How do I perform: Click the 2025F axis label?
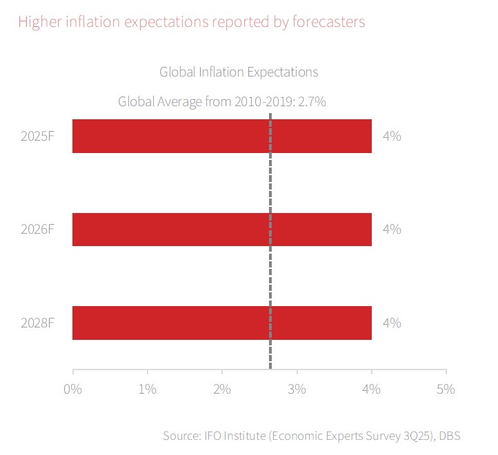coord(37,136)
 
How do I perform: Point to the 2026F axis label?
coord(37,230)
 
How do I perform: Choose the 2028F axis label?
coord(37,323)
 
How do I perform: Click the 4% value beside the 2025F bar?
coord(392,136)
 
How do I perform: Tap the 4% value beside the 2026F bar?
coord(392,230)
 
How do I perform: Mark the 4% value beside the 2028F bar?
coord(392,323)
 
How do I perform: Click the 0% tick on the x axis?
coord(72,389)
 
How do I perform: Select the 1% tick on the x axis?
coord(148,389)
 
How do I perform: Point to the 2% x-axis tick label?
coord(222,389)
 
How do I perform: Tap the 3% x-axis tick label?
coord(297,389)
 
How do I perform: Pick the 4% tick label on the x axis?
coord(372,389)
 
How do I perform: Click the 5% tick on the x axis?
coord(446,389)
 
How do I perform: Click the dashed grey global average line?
coord(270,276)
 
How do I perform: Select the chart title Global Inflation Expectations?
coord(239,72)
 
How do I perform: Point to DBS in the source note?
coord(449,436)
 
